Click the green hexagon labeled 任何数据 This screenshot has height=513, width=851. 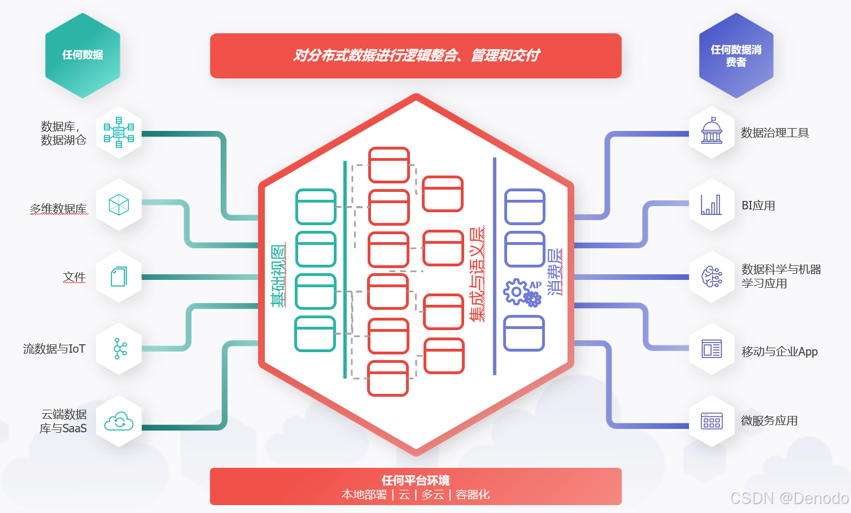[x=82, y=55]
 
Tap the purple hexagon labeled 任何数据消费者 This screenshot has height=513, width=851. [x=736, y=55]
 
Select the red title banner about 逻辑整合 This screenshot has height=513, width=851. [x=416, y=55]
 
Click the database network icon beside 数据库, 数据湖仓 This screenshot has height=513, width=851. [x=119, y=132]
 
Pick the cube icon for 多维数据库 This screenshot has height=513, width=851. [x=119, y=204]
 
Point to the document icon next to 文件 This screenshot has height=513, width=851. [x=119, y=277]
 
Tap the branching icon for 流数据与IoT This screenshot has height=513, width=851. [x=119, y=349]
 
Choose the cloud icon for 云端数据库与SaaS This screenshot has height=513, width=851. [x=119, y=421]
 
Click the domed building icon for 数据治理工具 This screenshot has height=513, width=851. [x=712, y=132]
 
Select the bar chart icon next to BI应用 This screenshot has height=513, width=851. [x=712, y=204]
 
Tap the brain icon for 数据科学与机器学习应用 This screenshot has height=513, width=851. [x=712, y=277]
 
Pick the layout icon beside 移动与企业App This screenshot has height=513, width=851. [x=712, y=349]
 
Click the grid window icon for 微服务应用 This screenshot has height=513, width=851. [x=712, y=421]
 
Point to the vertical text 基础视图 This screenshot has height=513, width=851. [x=278, y=275]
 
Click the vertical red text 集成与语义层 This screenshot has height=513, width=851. [x=477, y=274]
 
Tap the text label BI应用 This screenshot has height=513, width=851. [x=758, y=205]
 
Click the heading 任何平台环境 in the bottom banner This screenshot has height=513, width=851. [x=416, y=480]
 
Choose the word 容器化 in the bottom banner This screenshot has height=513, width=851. [x=473, y=495]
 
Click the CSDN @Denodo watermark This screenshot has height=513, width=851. [x=789, y=498]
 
